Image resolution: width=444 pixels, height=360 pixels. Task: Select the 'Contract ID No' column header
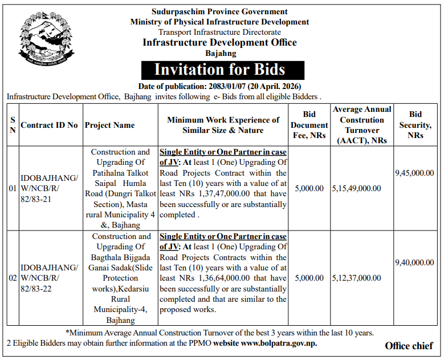click(49, 125)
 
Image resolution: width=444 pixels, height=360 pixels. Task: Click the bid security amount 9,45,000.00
click(414, 172)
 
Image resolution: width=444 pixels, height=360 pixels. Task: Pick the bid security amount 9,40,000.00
click(414, 262)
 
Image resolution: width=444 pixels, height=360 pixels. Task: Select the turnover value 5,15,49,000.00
click(356, 188)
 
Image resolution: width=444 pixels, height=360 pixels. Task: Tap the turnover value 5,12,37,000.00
click(356, 278)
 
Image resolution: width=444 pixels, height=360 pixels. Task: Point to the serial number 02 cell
click(13, 278)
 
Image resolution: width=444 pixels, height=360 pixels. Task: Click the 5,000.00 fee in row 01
click(309, 188)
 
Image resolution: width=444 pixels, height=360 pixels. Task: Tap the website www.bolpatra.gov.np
click(279, 343)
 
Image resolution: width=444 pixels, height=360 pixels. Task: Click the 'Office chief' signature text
click(409, 346)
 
